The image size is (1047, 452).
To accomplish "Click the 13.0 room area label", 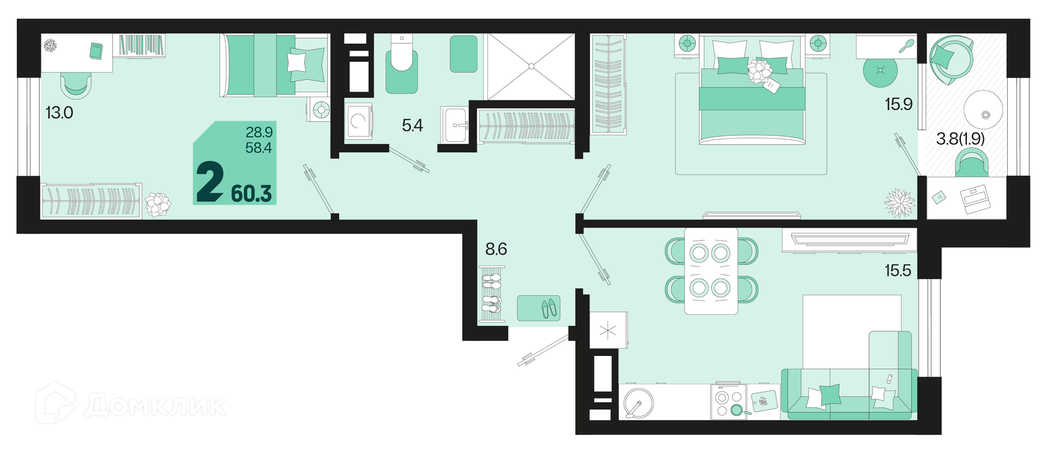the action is pos(59,113).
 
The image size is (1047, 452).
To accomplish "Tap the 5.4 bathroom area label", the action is pos(412,126).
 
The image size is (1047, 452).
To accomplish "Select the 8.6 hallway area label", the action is pos(496,249).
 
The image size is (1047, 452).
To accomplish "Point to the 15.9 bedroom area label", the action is pos(899,104).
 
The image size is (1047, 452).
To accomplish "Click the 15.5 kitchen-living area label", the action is pos(898,270).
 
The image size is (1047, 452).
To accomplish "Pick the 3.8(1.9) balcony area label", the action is pos(960,139).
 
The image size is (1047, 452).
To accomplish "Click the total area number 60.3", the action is pos(251,194).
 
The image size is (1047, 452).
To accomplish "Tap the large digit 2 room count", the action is pos(210,183).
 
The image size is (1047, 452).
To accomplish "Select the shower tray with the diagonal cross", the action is pos(531,67).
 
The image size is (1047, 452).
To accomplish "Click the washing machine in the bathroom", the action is pos(358,121).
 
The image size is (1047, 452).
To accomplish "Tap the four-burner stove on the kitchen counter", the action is pos(729,401).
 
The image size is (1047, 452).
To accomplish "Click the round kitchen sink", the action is pos(639,403).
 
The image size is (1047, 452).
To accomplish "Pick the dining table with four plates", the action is pos(711,270).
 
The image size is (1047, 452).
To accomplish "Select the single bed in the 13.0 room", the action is pos(274,66).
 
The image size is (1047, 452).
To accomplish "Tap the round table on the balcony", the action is pos(983,109).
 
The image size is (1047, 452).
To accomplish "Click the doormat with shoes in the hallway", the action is pos(539,308).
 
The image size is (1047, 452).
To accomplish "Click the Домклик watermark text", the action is pos(155,406).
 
